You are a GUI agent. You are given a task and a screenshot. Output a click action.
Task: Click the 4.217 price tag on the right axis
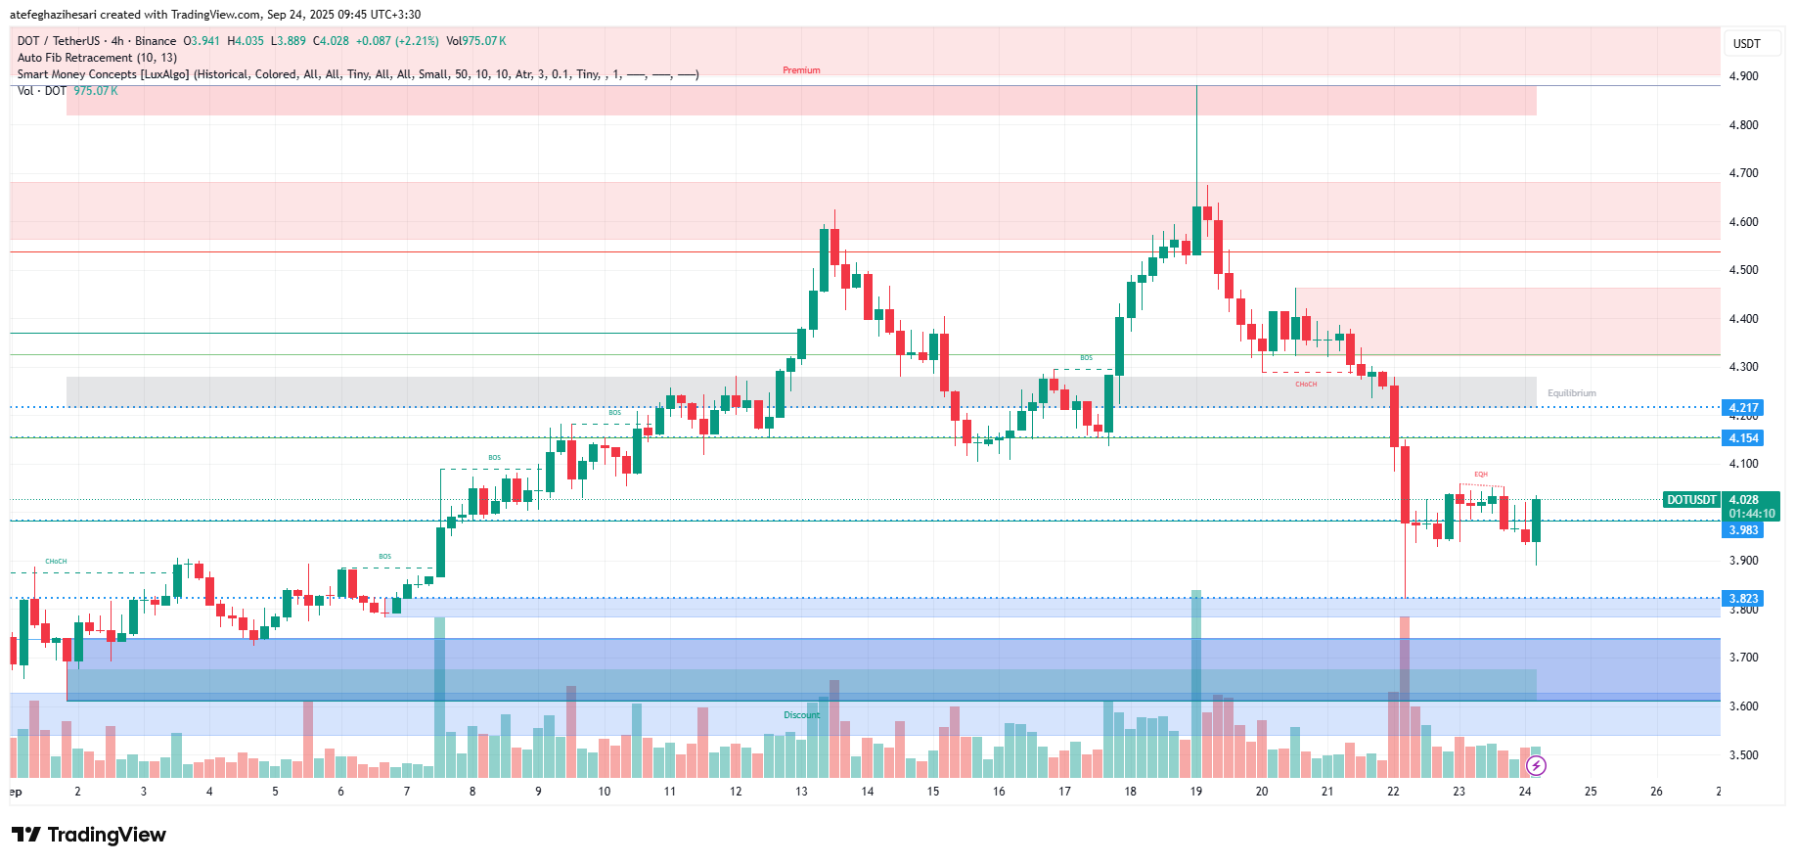(1742, 407)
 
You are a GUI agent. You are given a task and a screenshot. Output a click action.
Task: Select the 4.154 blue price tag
(1742, 438)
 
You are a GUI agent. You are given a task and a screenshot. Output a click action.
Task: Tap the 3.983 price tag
(1742, 530)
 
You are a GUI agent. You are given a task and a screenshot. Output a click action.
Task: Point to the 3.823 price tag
(1742, 598)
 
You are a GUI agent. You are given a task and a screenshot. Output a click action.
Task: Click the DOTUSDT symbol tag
(1691, 500)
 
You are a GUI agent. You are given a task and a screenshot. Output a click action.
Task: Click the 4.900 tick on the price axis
(1743, 76)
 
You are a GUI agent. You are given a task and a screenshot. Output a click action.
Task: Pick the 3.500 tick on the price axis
(1743, 755)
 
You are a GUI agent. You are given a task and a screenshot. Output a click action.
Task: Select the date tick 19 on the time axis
(1195, 792)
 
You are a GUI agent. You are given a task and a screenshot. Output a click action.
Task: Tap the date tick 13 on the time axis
(801, 792)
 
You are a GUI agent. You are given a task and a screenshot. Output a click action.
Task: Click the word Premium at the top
(801, 70)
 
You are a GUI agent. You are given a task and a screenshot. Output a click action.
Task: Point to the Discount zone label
(801, 715)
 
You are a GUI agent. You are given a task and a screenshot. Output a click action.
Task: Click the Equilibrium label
(1571, 393)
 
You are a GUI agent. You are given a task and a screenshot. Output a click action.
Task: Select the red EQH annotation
(1481, 475)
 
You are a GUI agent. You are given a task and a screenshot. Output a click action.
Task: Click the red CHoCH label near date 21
(1306, 385)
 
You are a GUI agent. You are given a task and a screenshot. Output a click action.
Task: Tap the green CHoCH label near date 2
(56, 562)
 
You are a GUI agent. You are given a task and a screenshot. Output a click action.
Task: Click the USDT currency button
(1746, 43)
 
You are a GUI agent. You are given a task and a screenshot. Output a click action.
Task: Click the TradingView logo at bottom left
(89, 835)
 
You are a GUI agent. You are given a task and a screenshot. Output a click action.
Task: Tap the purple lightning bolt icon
(1536, 765)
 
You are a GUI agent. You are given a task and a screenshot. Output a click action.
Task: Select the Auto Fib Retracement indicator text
(97, 58)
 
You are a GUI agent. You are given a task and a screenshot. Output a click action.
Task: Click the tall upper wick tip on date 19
(1196, 87)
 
